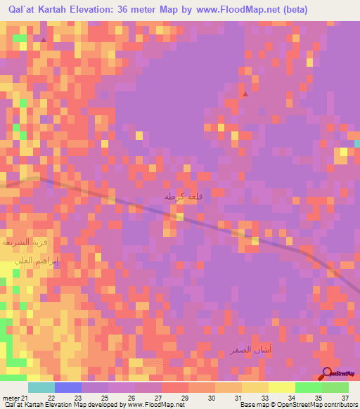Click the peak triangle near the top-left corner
[44, 40]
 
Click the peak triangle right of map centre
[245, 93]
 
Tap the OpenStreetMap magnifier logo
[327, 375]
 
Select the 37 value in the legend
[344, 398]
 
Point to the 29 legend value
[184, 398]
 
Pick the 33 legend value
[264, 398]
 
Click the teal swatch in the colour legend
[41, 387]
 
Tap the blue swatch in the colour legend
[67, 387]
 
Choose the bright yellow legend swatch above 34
[281, 387]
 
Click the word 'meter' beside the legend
[9, 398]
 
